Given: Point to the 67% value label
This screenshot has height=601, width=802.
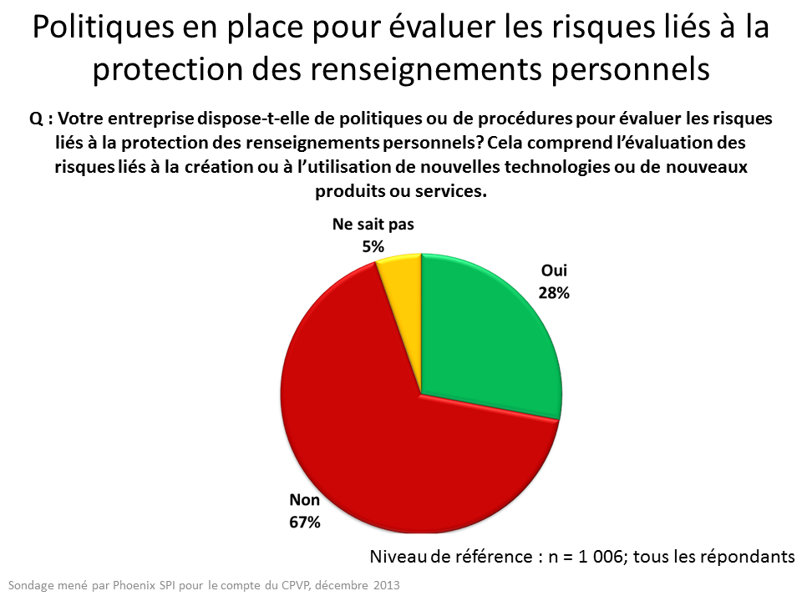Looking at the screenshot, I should coord(305,523).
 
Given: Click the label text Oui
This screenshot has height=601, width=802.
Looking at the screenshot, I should coord(554,271).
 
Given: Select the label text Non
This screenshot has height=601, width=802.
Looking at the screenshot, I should coord(304,501).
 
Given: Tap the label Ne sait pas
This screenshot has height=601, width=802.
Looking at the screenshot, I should coord(373,225).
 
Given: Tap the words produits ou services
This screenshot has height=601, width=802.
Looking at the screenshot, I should coord(400,190).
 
